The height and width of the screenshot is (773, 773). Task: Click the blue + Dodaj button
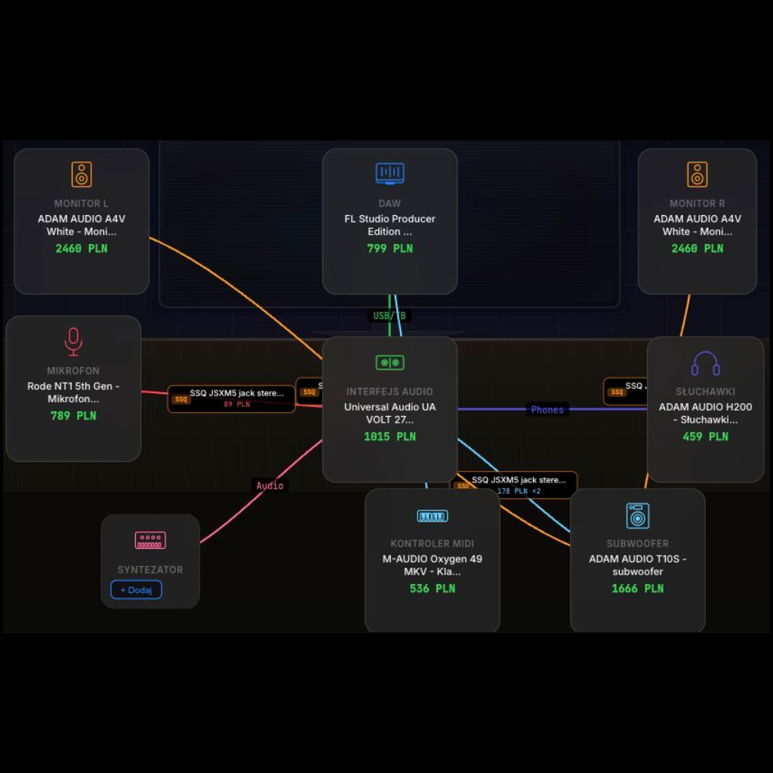tap(137, 590)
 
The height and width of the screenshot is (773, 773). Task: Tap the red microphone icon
tap(73, 342)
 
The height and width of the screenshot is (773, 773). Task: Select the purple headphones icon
tap(705, 363)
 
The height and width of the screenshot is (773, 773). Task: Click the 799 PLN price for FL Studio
tap(390, 248)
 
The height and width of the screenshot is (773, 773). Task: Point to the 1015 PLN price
tap(390, 436)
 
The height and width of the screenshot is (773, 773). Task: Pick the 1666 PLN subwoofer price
tap(637, 588)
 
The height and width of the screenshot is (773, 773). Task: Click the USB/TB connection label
tap(390, 316)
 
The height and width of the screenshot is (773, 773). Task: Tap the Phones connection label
tap(547, 410)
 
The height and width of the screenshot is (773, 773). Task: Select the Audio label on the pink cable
tap(269, 485)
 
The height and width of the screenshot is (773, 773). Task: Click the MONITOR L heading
tap(82, 203)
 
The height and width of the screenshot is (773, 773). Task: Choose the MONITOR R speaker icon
tap(697, 174)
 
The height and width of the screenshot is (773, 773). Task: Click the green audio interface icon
tap(390, 363)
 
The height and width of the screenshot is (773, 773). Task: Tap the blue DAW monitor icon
tap(390, 174)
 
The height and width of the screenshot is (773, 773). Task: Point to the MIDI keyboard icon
tap(432, 516)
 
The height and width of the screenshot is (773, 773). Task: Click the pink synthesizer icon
tap(150, 540)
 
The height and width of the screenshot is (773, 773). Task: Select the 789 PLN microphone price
tap(73, 415)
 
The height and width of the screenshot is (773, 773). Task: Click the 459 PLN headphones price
tap(705, 436)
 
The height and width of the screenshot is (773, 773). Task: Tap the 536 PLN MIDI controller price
tap(432, 588)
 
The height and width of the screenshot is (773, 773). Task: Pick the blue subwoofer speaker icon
tap(637, 516)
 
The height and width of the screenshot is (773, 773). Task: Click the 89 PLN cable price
tap(236, 405)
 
